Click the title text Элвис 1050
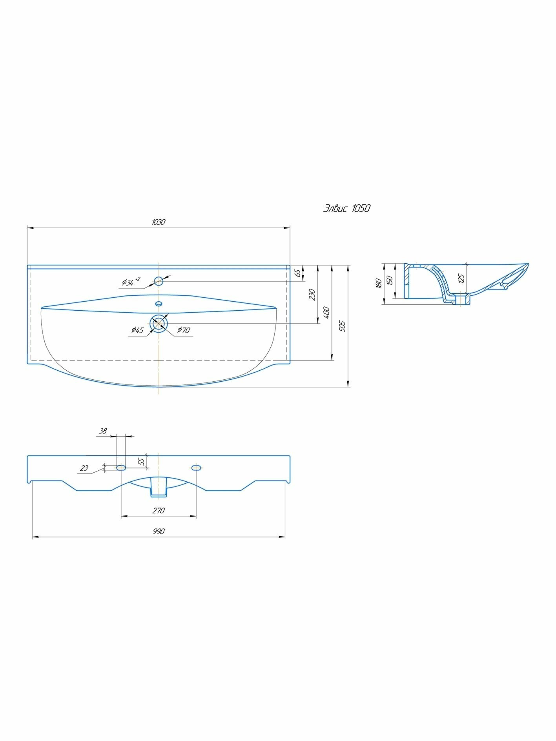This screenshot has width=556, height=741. [x=346, y=208]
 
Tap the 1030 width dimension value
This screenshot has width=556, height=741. [x=159, y=222]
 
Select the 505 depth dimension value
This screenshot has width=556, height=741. [x=342, y=326]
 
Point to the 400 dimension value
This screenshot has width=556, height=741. [x=326, y=313]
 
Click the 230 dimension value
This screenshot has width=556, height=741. [x=312, y=294]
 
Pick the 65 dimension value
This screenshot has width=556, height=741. [x=298, y=273]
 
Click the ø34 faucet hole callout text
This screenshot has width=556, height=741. [x=131, y=281]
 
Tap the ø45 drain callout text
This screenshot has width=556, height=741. [x=138, y=330]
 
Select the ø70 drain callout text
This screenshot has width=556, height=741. [x=183, y=330]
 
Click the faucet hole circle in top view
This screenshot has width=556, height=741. [x=159, y=281]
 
